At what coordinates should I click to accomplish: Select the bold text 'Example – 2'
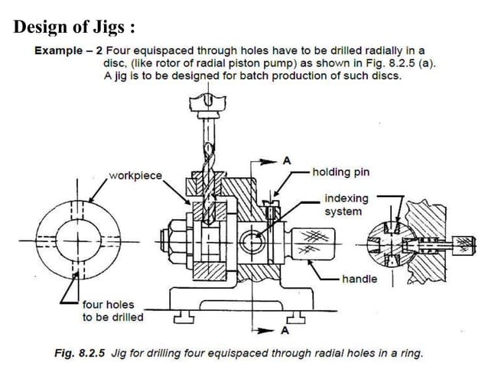pyautogui.click(x=67, y=52)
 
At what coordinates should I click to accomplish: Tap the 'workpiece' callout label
pyautogui.click(x=135, y=176)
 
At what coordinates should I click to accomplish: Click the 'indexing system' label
pyautogui.click(x=346, y=204)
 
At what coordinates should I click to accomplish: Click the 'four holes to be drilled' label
pyautogui.click(x=112, y=311)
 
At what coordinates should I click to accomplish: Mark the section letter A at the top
pyautogui.click(x=287, y=160)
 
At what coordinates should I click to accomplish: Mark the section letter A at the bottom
pyautogui.click(x=285, y=331)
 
